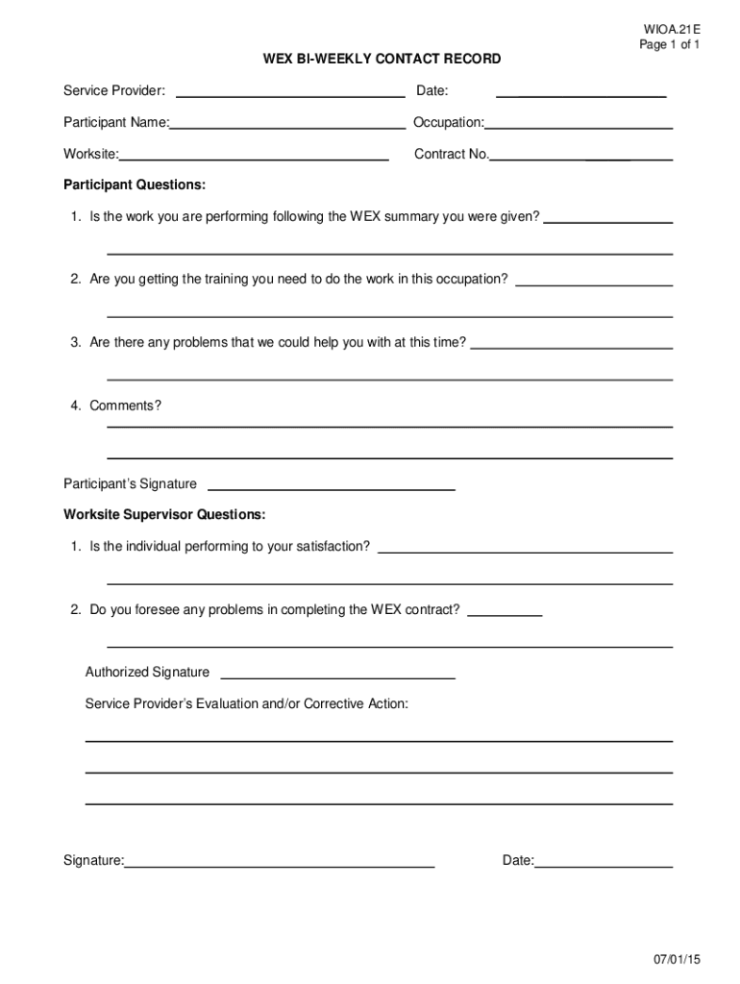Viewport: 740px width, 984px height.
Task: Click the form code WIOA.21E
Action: click(x=673, y=30)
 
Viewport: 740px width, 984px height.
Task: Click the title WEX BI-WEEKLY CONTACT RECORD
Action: click(x=382, y=60)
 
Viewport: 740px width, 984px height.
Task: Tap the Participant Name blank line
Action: click(x=287, y=125)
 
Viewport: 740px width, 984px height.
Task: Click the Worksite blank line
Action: click(x=254, y=157)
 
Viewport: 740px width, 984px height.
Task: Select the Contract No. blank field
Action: click(x=581, y=157)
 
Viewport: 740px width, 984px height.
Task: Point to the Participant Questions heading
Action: click(x=135, y=184)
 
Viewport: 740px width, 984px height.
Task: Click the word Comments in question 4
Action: click(x=123, y=406)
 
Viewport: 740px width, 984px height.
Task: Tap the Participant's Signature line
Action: click(x=332, y=487)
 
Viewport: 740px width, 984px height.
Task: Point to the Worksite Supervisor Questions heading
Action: click(x=164, y=515)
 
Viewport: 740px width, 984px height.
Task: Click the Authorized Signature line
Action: click(x=337, y=676)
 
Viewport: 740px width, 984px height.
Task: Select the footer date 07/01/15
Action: click(x=677, y=960)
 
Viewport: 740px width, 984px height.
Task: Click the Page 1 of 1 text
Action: click(x=670, y=45)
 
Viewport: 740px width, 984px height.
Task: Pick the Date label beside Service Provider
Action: click(x=432, y=91)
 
